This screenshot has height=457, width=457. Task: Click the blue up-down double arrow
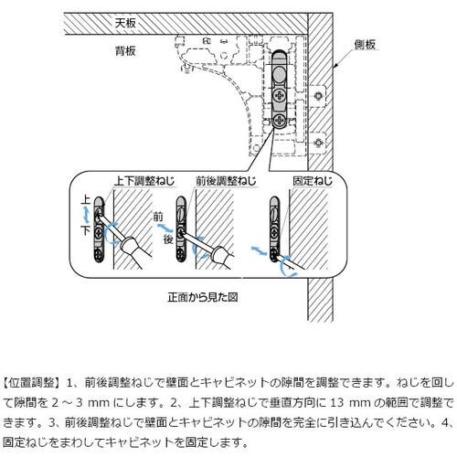tap(88, 215)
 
